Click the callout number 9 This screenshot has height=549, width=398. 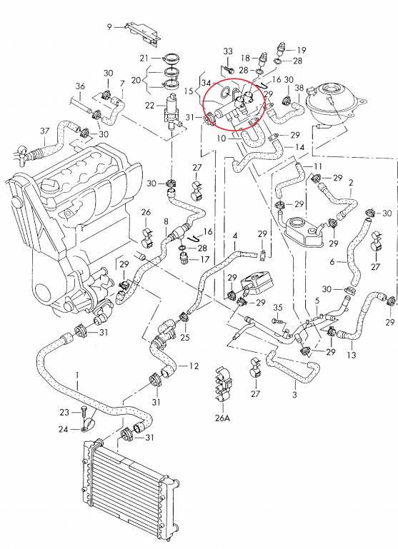coord(109,27)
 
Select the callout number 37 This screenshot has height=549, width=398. coord(45,131)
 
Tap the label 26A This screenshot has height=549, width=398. coord(223,418)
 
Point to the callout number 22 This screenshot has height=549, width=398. coord(149,105)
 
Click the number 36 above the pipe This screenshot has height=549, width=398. coord(80,86)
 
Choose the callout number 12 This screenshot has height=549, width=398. coord(194,366)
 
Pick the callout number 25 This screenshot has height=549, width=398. coord(185,337)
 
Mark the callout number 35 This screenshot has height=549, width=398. coord(278,308)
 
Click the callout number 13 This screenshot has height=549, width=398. coord(351,355)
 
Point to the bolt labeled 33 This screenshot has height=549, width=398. coord(228,69)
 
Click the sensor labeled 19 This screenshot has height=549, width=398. coord(282,50)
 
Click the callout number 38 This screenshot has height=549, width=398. coord(299,88)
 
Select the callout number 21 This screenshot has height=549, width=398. coord(144,58)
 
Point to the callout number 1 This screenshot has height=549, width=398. coord(77,376)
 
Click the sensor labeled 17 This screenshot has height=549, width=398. coord(184,259)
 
